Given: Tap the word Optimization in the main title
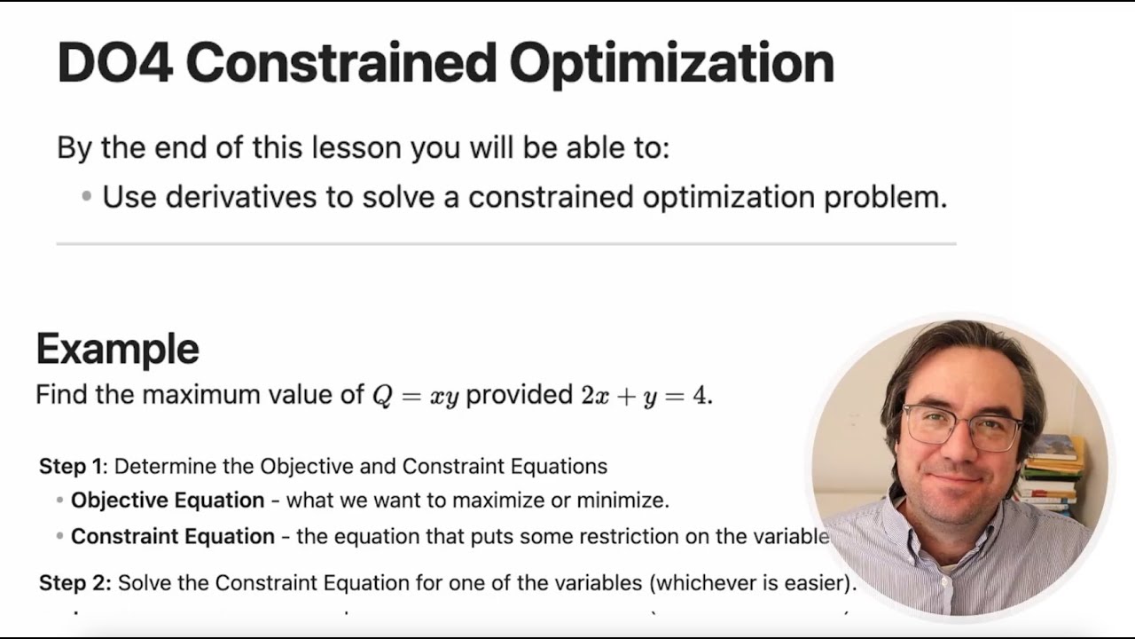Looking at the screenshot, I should [x=671, y=63].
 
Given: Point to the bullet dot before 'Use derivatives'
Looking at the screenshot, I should [x=86, y=196].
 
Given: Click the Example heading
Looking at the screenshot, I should [x=117, y=349].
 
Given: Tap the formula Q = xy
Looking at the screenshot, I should [x=415, y=395].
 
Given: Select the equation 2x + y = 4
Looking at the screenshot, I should [x=646, y=395].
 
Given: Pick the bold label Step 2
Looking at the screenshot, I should [x=74, y=583].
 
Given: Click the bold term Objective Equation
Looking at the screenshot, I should [x=168, y=501].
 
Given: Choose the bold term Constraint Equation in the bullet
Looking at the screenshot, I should [x=173, y=537].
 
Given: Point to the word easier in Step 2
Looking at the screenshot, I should [x=818, y=583].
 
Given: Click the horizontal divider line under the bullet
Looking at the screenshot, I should [x=505, y=243].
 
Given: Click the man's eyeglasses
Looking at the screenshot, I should [x=962, y=427].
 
